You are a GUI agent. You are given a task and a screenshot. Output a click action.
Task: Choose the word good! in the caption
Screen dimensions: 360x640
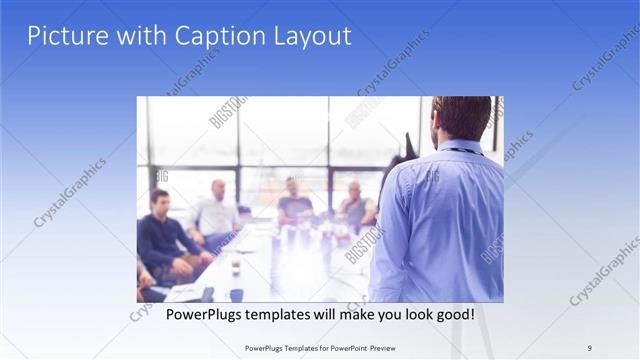(454, 315)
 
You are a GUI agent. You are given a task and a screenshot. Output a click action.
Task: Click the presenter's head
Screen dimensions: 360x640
(462, 118)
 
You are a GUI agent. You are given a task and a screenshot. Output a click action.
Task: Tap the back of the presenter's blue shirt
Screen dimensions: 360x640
(440, 220)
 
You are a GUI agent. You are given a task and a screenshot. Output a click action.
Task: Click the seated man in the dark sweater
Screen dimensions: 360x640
(165, 240)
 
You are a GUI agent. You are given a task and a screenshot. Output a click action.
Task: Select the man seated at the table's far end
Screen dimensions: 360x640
(293, 200)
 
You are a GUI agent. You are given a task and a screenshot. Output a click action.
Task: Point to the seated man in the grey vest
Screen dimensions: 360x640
(355, 205)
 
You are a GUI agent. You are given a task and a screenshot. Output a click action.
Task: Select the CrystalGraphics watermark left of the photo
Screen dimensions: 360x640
(70, 190)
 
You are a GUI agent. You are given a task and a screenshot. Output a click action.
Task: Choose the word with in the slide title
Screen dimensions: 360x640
(141, 36)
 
